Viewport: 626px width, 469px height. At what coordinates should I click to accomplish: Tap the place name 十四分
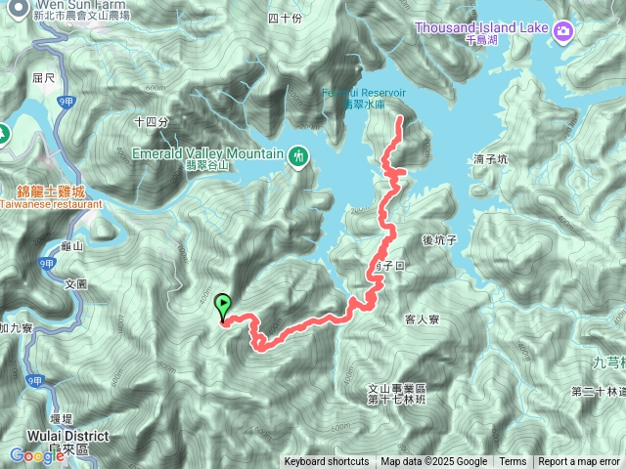pyautogui.click(x=152, y=122)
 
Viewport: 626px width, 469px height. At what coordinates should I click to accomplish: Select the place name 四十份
pyautogui.click(x=284, y=19)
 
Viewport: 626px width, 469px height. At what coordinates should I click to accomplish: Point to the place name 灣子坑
pyautogui.click(x=489, y=158)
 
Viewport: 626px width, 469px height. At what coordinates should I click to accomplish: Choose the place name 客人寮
pyautogui.click(x=422, y=320)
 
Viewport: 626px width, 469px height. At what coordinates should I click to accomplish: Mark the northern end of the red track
pyautogui.click(x=399, y=118)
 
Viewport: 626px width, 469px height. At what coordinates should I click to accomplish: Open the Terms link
pyautogui.click(x=513, y=462)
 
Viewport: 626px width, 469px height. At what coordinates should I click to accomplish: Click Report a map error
pyautogui.click(x=578, y=462)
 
